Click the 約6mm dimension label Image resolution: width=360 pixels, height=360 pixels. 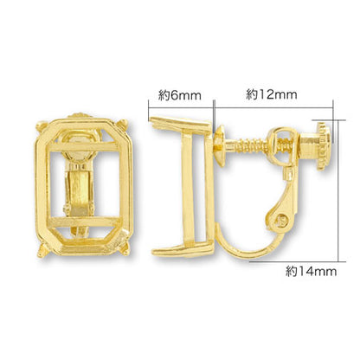click(x=179, y=95)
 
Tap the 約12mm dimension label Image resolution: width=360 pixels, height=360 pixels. click(x=272, y=94)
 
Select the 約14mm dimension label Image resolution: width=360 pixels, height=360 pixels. click(x=312, y=272)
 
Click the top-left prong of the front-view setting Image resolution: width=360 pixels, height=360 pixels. click(x=41, y=126)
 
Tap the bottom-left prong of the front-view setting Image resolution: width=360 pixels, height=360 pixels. click(x=42, y=250)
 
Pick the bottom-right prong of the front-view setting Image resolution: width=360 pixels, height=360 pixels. click(x=125, y=251)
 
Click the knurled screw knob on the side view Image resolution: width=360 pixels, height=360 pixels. click(x=325, y=146)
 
